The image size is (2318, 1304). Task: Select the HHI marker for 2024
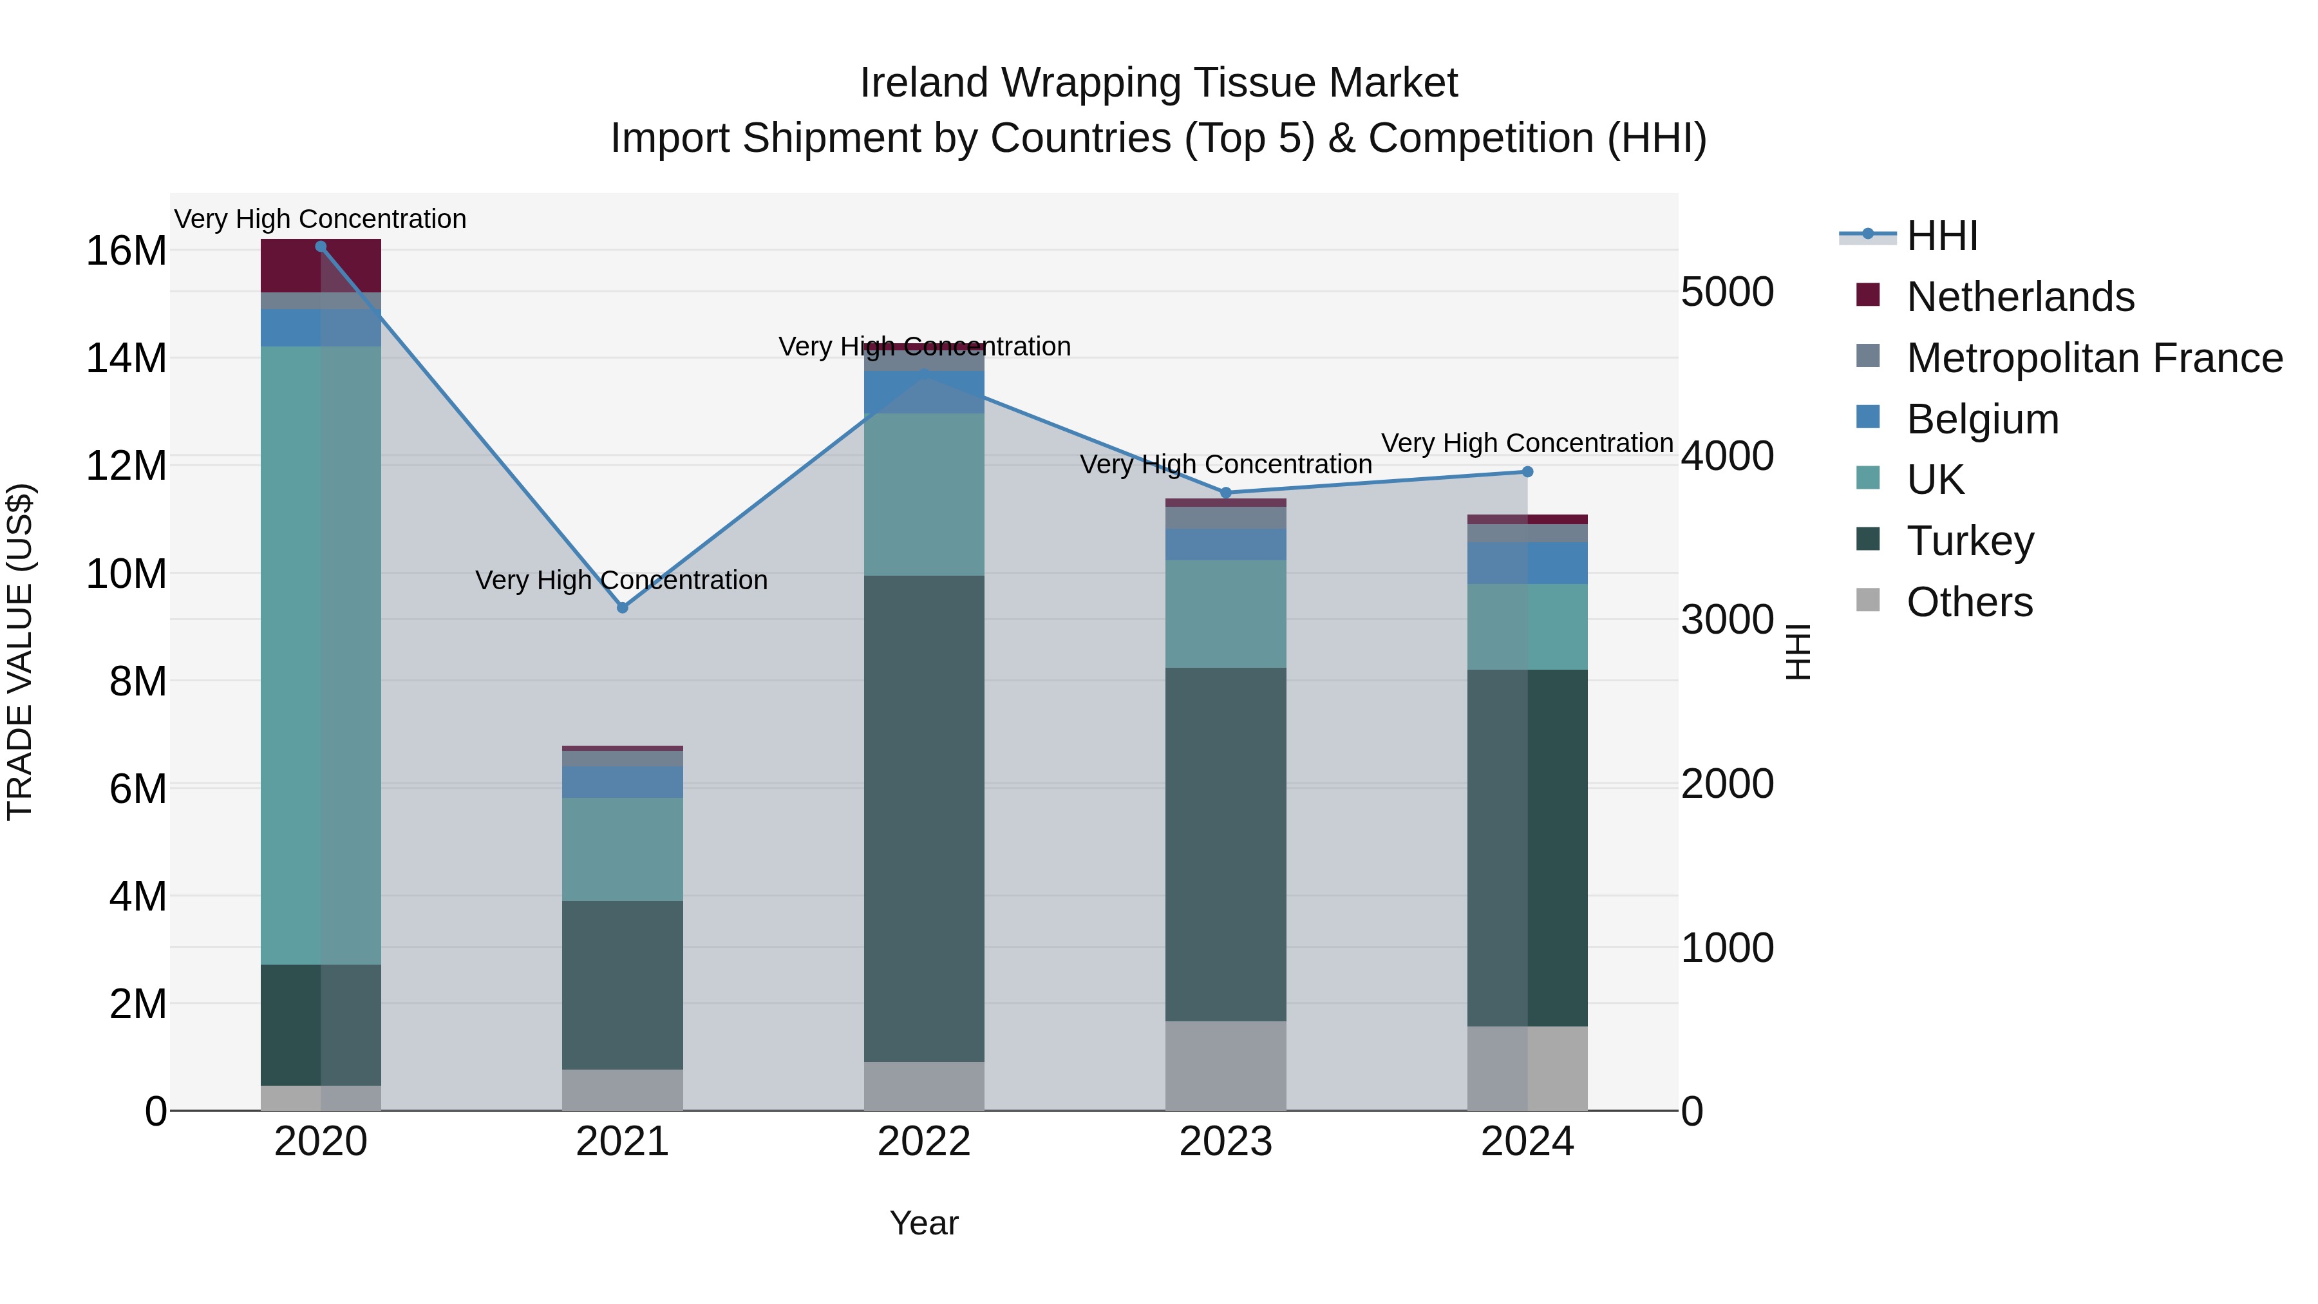click(x=1527, y=471)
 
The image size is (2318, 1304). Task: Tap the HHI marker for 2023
click(x=1225, y=493)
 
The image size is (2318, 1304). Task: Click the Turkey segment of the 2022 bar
click(x=924, y=819)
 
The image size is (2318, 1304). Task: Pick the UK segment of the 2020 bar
click(x=321, y=655)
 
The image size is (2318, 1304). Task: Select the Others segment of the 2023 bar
click(x=1225, y=1066)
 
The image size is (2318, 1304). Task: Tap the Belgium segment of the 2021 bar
click(x=622, y=782)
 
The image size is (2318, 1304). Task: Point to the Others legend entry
click(x=1969, y=602)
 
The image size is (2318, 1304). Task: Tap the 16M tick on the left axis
click(x=126, y=250)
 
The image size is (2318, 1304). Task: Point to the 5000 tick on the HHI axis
click(x=1728, y=292)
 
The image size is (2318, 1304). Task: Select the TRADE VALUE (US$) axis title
click(x=20, y=652)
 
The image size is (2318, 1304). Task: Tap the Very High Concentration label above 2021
click(x=622, y=580)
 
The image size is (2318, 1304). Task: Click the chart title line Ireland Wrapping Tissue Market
click(x=1158, y=83)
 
